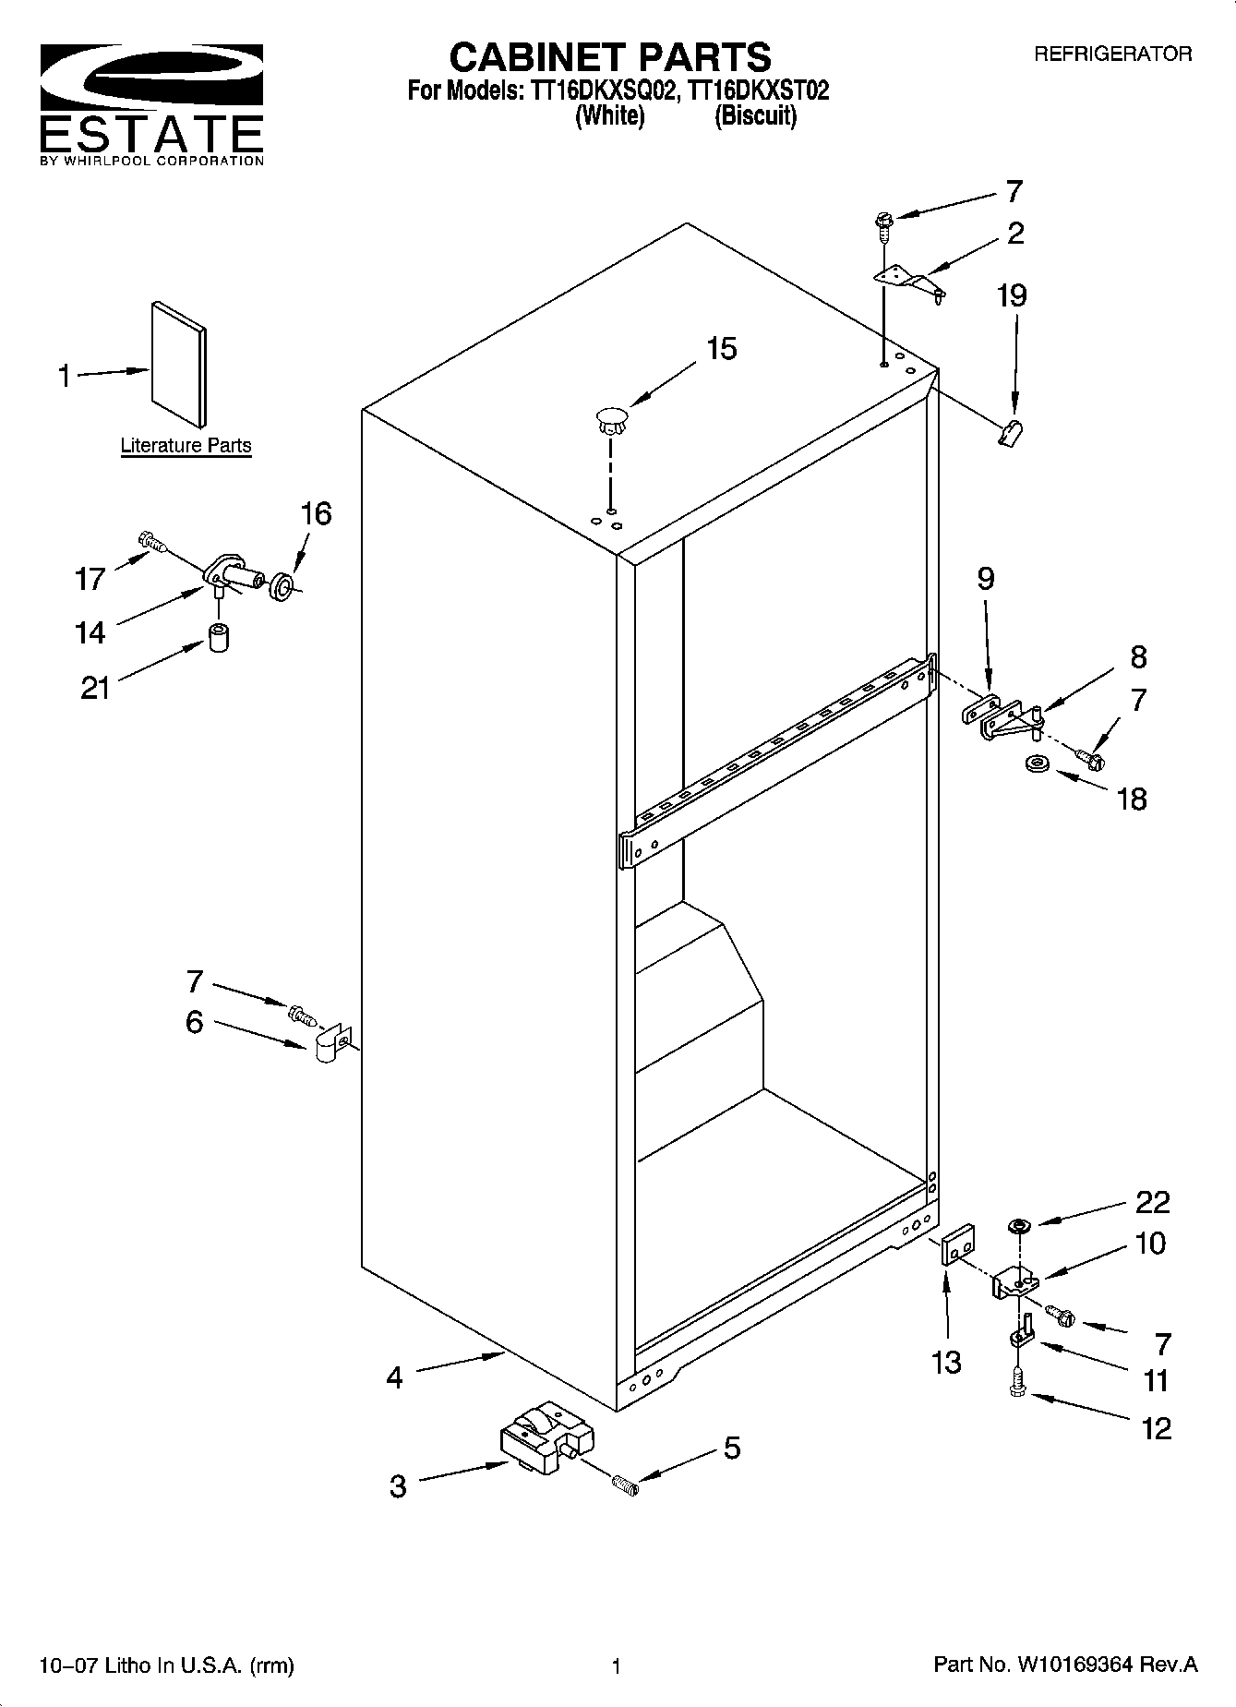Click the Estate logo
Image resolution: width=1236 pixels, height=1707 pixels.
click(x=151, y=102)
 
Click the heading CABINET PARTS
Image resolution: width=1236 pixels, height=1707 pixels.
click(x=609, y=57)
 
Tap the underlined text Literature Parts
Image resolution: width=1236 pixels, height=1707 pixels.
click(x=186, y=446)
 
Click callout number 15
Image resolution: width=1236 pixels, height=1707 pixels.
click(x=721, y=349)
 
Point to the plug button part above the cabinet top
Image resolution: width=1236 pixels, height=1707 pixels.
click(x=611, y=420)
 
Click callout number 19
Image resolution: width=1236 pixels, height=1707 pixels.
click(x=1012, y=296)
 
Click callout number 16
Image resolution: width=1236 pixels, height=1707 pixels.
click(x=316, y=514)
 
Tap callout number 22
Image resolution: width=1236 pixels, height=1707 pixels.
click(x=1152, y=1202)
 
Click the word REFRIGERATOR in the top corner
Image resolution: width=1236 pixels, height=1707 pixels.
click(x=1111, y=54)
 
